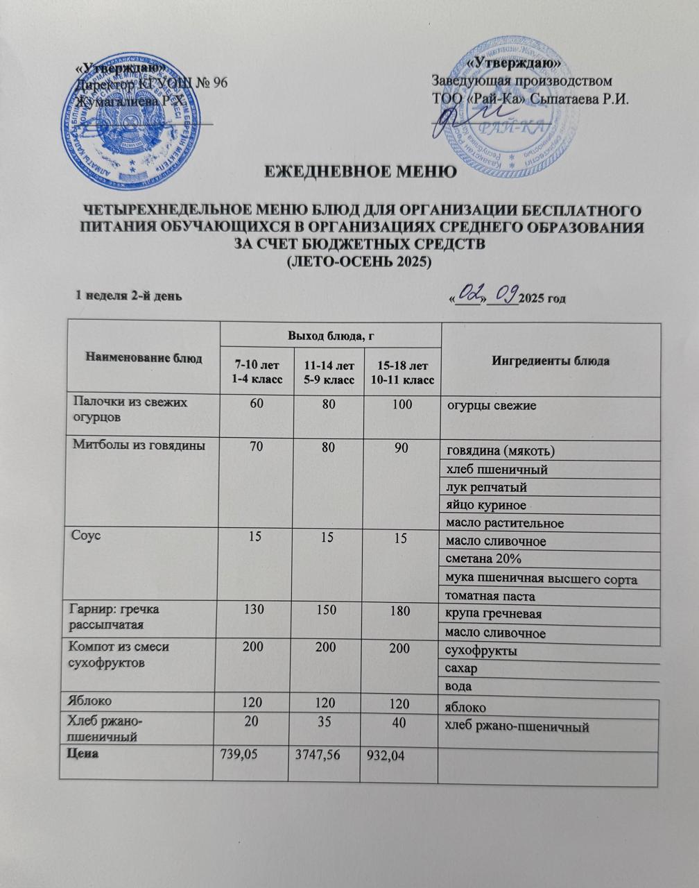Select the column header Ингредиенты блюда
click(551, 361)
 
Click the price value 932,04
click(386, 755)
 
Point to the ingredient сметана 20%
click(483, 559)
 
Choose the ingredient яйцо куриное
click(486, 505)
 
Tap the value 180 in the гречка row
click(399, 610)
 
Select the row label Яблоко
click(92, 703)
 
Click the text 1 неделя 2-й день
click(129, 296)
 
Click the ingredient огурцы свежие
click(491, 405)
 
